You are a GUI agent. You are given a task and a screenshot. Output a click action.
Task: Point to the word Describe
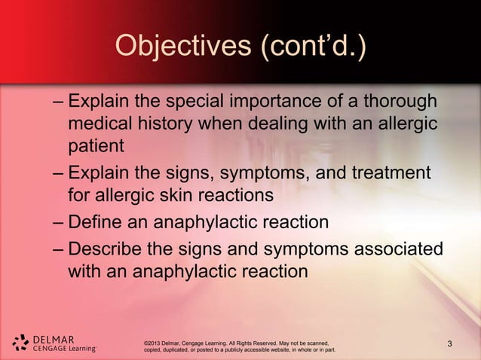109,249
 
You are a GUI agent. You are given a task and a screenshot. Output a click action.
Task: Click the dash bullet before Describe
59,249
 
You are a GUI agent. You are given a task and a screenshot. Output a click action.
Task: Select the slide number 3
450,344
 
